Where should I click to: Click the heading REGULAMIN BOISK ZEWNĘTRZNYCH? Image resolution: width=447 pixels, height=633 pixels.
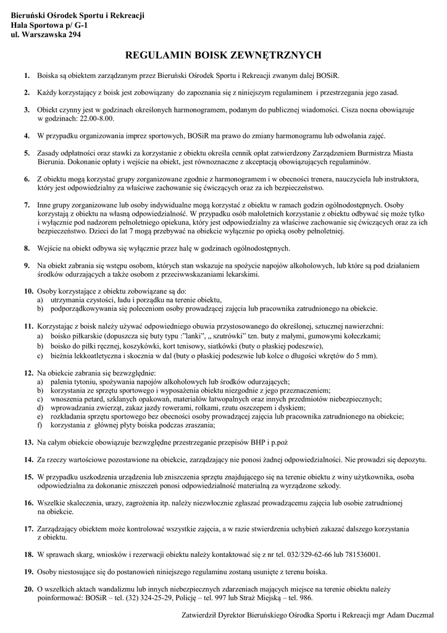223,55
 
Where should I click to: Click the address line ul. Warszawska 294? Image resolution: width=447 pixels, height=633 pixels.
46,35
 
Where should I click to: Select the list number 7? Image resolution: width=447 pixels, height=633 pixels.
27,204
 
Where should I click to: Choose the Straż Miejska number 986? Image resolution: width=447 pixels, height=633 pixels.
306,598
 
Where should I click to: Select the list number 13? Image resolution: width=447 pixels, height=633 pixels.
28,443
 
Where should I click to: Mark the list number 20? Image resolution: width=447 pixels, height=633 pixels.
28,589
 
